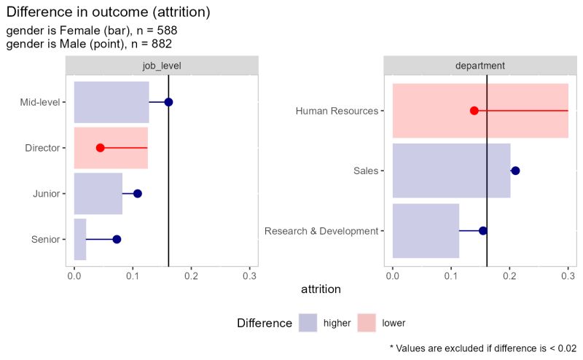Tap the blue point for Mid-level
point(168,102)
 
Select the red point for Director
point(100,148)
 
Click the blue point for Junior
point(137,194)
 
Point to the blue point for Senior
point(117,239)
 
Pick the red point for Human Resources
point(474,111)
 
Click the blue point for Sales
point(515,171)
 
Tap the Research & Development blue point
point(482,231)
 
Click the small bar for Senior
point(80,239)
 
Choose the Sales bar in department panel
point(451,171)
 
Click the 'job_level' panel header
point(162,66)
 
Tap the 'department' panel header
point(480,66)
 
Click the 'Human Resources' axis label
point(337,111)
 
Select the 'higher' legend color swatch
point(309,322)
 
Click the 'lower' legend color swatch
point(367,322)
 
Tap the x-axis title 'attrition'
point(321,290)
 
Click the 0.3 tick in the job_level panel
point(250,278)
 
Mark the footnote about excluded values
point(483,349)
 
